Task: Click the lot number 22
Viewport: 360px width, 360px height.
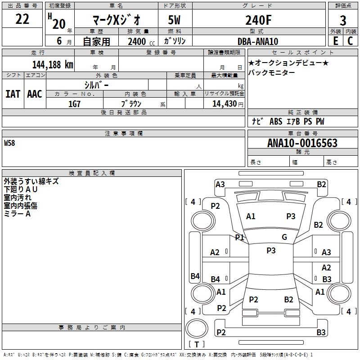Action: click(22, 19)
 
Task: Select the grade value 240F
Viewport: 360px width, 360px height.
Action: click(258, 20)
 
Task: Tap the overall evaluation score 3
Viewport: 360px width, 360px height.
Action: click(343, 20)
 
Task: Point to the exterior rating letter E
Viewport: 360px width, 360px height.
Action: click(336, 41)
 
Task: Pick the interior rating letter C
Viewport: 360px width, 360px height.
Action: click(350, 41)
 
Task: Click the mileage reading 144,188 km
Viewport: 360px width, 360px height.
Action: click(53, 65)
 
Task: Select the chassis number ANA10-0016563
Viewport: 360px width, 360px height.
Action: click(302, 143)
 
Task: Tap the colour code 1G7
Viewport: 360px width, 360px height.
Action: click(74, 104)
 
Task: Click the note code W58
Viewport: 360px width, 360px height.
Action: click(9, 143)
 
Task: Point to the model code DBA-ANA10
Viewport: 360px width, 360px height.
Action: click(258, 41)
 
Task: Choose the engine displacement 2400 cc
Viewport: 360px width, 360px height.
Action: click(141, 41)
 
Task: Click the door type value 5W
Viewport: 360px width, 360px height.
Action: click(174, 20)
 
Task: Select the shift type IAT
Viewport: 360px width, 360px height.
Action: click(13, 94)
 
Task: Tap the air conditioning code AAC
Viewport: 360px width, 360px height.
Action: click(35, 94)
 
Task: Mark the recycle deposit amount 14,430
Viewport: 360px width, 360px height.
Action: click(224, 104)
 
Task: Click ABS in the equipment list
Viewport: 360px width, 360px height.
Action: click(276, 121)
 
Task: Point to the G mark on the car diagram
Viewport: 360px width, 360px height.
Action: click(284, 237)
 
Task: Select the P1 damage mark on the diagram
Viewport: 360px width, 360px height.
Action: click(239, 237)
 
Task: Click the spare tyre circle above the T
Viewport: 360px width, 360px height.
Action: click(197, 328)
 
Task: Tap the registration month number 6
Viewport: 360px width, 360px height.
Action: click(59, 41)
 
